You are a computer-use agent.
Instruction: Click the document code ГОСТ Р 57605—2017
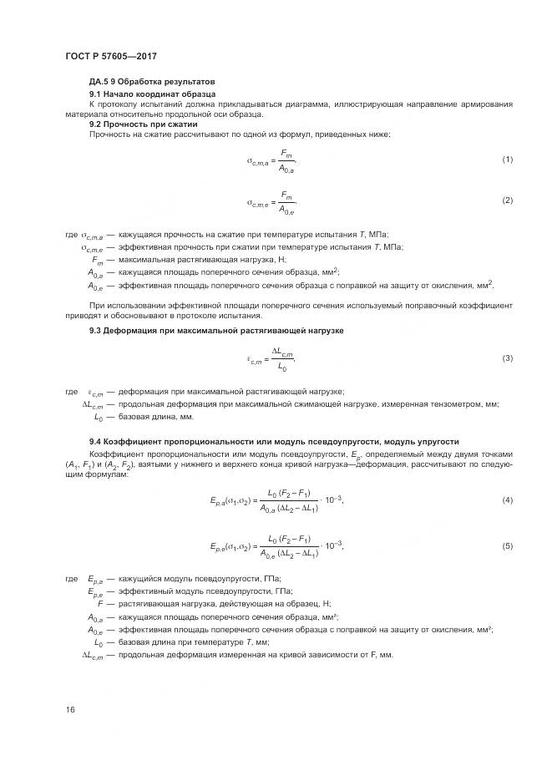[x=111, y=56]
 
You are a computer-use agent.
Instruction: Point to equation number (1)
[x=506, y=160]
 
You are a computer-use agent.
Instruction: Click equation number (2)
[x=506, y=201]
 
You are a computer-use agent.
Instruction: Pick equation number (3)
[x=506, y=358]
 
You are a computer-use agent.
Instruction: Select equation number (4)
[x=506, y=500]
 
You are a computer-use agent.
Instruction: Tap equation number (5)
[x=506, y=546]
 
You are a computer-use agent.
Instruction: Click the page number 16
[x=70, y=710]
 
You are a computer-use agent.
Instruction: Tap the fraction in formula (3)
[x=285, y=358]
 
